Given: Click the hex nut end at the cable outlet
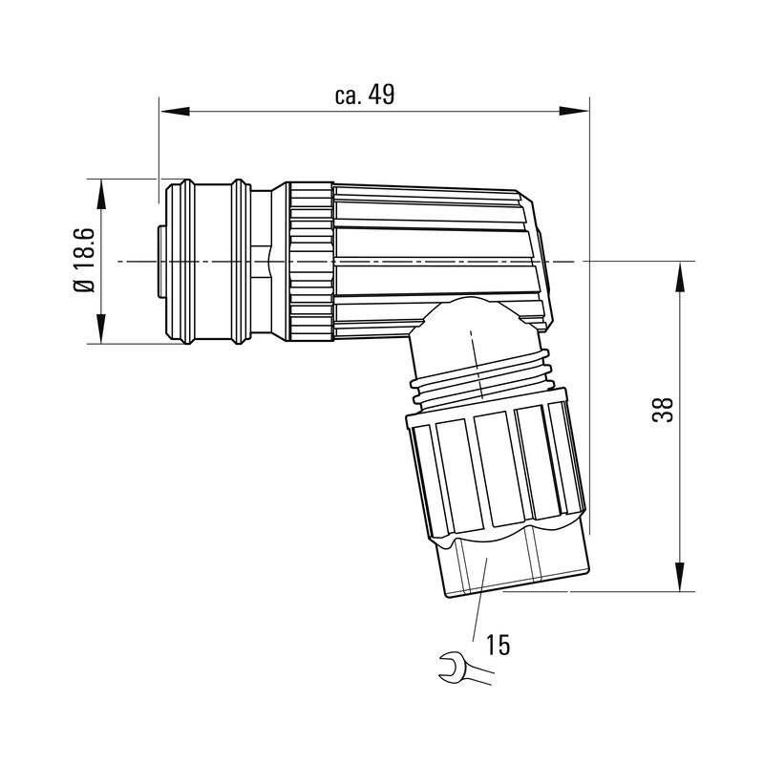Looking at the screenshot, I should pyautogui.click(x=516, y=568).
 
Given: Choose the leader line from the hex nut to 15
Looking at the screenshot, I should pyautogui.click(x=477, y=602).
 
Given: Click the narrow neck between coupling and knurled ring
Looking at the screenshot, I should pyautogui.click(x=277, y=260).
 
